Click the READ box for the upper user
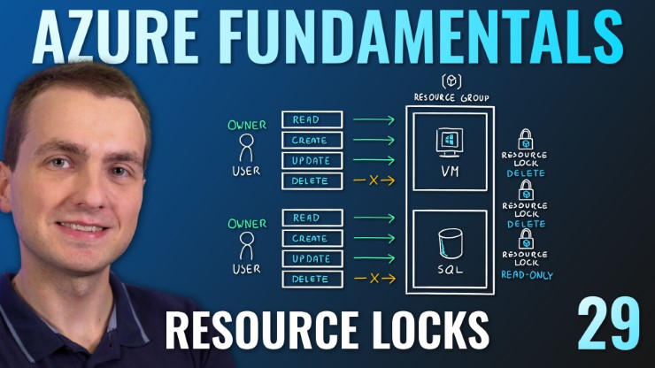click(311, 119)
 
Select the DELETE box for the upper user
click(311, 181)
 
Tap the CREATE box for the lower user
click(311, 238)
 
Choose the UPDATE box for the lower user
click(311, 258)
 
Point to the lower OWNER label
click(247, 223)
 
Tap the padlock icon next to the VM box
click(524, 139)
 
